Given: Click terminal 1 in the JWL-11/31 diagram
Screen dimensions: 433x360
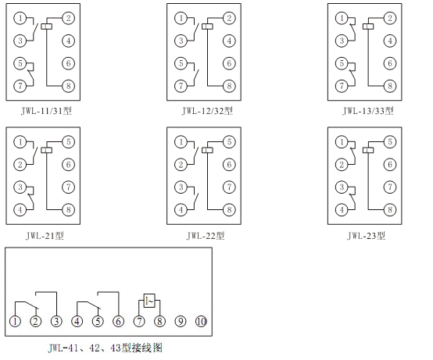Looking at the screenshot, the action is point(20,19).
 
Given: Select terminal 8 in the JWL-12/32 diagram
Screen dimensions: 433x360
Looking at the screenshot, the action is point(229,86).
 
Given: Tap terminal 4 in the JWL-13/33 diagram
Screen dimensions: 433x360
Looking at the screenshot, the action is point(390,41).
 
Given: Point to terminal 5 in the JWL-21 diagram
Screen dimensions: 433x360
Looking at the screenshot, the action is point(68,142).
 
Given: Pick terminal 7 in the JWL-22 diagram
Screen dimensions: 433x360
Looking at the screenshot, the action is point(229,187).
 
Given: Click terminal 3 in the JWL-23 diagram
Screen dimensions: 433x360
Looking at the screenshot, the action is point(342,187).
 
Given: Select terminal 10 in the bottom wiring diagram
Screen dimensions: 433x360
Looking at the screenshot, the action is point(202,322).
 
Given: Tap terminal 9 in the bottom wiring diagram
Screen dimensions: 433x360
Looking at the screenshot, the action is point(181,322).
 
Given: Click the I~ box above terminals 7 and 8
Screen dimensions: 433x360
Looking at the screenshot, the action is point(149,301).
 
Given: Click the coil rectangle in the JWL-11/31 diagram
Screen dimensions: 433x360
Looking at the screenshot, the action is point(47,27).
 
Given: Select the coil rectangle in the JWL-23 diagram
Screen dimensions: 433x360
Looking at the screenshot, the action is point(368,150).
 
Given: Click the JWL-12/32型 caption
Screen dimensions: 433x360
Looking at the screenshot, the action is point(207,111).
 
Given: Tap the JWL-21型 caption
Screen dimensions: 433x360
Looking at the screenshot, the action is point(45,236).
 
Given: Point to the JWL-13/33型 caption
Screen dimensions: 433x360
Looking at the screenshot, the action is point(368,111).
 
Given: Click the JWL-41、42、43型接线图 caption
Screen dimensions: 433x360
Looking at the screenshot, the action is point(106,348).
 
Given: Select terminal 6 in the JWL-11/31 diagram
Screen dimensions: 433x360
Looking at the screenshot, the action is point(68,63).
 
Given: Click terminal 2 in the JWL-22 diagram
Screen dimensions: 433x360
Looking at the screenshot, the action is point(181,165).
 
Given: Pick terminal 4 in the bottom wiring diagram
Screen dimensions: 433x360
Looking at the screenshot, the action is point(77,322).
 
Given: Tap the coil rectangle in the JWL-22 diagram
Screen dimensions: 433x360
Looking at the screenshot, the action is point(207,150).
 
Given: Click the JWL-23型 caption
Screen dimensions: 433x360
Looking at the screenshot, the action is point(366,236).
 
